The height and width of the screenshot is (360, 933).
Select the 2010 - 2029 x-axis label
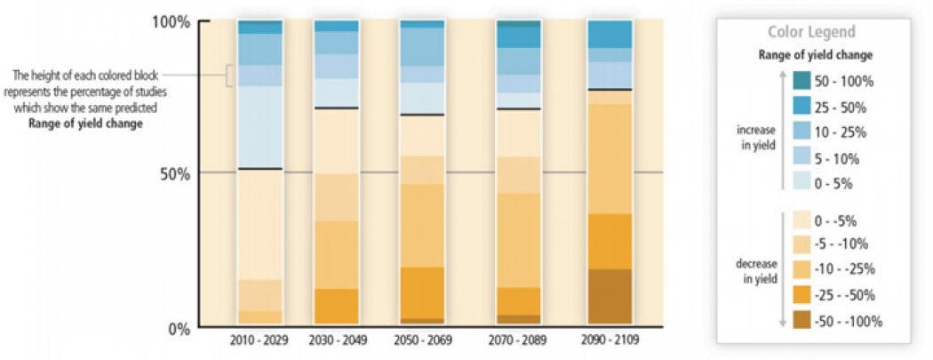259,340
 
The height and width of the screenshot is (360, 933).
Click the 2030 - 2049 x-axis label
336,340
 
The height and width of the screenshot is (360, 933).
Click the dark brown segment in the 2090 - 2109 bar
610,296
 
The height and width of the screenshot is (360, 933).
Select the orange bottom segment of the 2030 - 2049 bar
336,306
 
